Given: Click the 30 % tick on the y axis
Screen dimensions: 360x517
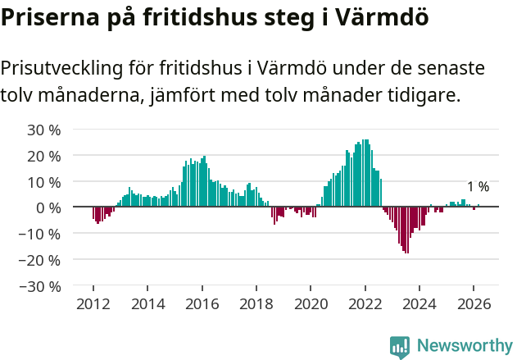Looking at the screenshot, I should point(44,129).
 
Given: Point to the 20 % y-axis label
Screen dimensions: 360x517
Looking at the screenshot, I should point(44,155).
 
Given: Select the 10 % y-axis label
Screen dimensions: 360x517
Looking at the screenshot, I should point(44,181).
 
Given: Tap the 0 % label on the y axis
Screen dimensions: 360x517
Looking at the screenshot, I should point(48,207).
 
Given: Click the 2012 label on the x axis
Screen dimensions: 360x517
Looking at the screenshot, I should point(93,303).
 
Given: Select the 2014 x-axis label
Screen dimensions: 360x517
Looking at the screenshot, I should point(147,303).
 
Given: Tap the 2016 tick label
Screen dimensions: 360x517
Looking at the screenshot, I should point(202,303).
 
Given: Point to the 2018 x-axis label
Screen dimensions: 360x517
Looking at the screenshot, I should point(256,303).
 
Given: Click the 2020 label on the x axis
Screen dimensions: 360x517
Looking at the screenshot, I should point(311,303).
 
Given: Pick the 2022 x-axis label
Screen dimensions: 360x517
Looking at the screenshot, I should point(365,303).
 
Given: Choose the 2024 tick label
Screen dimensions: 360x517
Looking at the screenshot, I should point(419,303).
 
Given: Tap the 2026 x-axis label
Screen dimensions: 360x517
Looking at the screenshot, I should point(474,303).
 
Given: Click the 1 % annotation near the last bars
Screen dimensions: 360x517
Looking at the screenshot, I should point(478,187).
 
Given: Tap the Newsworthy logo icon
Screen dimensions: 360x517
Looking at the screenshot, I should point(400,347).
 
